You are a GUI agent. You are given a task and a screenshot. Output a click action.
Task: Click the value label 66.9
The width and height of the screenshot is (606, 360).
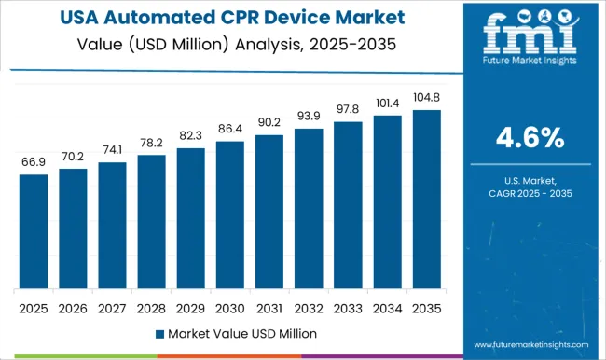tap(33, 162)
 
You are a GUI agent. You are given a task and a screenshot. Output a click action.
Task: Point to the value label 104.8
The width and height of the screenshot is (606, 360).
tap(425, 98)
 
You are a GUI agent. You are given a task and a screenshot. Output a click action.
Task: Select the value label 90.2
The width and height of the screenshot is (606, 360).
tap(269, 122)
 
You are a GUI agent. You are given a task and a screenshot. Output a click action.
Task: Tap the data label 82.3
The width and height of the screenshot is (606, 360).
tap(190, 136)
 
